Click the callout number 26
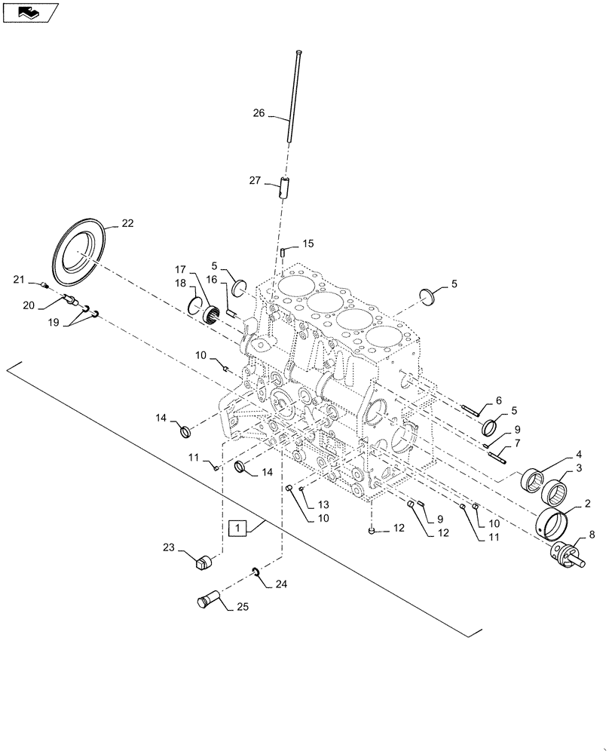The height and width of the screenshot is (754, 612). (259, 114)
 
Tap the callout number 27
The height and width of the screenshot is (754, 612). (256, 180)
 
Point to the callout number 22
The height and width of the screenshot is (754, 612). (127, 223)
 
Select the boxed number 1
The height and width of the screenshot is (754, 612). (237, 527)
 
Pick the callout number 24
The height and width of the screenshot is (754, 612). (282, 583)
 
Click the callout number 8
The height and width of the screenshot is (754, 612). (591, 535)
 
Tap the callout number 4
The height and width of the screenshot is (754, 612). (580, 455)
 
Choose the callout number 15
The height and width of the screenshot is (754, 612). (308, 244)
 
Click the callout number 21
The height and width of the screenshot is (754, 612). (19, 280)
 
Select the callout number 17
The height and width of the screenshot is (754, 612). (181, 270)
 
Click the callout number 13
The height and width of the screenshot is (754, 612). (323, 504)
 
